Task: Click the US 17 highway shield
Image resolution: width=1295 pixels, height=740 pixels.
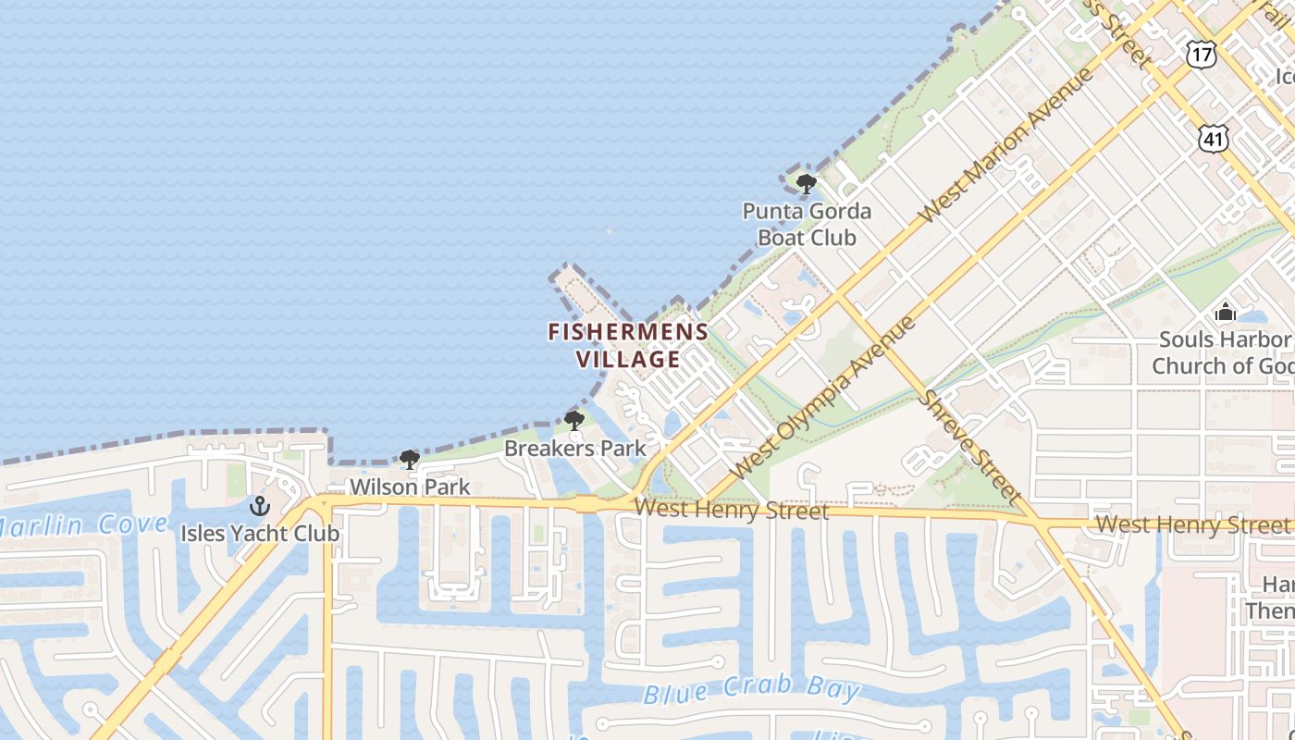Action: (x=1202, y=54)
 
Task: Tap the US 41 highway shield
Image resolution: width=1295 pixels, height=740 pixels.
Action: (x=1214, y=139)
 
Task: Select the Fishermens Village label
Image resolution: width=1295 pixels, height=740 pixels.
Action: (x=628, y=345)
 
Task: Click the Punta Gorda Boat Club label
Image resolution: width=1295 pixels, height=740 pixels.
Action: (x=808, y=224)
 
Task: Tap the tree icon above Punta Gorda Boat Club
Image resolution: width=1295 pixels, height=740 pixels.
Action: (x=807, y=183)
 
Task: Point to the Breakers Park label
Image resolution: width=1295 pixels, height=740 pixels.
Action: (x=575, y=449)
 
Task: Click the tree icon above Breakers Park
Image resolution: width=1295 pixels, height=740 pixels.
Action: (x=574, y=422)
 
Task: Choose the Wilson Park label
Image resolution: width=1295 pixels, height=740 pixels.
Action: (x=410, y=487)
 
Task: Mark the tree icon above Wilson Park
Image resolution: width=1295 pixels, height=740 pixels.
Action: (x=410, y=460)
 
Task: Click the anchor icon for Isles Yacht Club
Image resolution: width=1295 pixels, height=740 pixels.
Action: (x=260, y=506)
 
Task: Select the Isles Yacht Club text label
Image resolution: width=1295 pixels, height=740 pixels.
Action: (x=260, y=534)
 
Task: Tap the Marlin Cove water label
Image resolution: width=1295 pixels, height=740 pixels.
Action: (x=83, y=526)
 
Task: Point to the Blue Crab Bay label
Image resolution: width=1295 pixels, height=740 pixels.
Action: (x=751, y=689)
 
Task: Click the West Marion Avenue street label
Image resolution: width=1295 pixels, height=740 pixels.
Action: (x=1005, y=145)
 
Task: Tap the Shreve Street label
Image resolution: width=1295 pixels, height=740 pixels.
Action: (x=971, y=447)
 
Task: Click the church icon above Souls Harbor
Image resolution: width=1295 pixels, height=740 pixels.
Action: (x=1226, y=312)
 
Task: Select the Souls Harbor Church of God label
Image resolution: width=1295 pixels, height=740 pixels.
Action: (x=1222, y=352)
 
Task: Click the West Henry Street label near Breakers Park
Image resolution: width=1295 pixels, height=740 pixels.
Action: (x=732, y=510)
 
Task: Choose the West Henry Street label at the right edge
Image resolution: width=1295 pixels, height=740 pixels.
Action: (x=1192, y=524)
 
